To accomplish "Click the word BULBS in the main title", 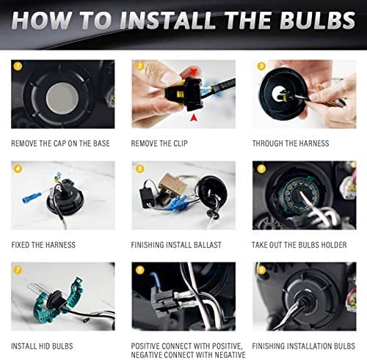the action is [x=318, y=21].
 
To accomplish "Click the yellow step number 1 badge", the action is [x=18, y=66].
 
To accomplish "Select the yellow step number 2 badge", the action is [x=139, y=66].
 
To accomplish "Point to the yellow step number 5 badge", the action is [x=139, y=169].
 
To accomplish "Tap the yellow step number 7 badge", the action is [x=18, y=270].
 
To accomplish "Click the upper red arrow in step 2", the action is [x=194, y=72].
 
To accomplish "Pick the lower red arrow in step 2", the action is [x=194, y=118].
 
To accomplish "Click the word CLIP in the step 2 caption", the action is [x=181, y=144].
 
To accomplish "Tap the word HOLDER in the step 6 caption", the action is [x=334, y=245].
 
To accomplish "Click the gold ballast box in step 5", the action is [x=173, y=184].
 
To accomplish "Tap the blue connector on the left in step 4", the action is [x=32, y=197].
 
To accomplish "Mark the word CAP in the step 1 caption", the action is [x=59, y=144].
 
